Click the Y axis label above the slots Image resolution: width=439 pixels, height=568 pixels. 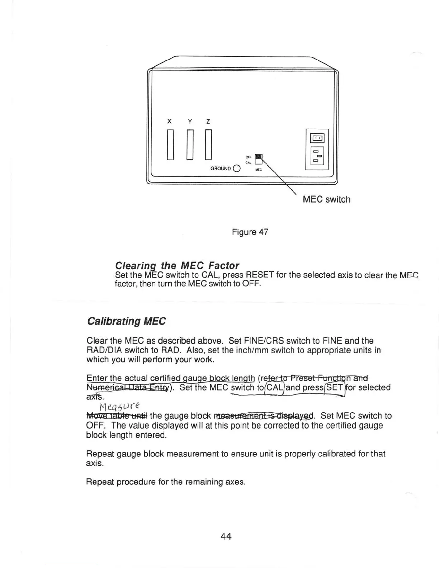tap(190, 121)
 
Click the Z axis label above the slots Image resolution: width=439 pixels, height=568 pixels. tap(208, 121)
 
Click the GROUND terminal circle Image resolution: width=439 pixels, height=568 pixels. tap(236, 169)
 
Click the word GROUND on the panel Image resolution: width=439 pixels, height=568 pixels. tap(221, 169)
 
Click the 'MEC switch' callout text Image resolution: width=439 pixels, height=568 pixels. tap(326, 199)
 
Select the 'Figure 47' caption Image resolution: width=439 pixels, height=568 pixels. tap(250, 232)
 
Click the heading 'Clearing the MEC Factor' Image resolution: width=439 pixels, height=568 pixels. tap(177, 265)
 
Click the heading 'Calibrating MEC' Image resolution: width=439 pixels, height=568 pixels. tap(126, 321)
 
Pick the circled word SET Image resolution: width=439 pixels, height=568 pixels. tap(334, 388)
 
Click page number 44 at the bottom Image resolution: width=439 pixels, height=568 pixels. tap(226, 536)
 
